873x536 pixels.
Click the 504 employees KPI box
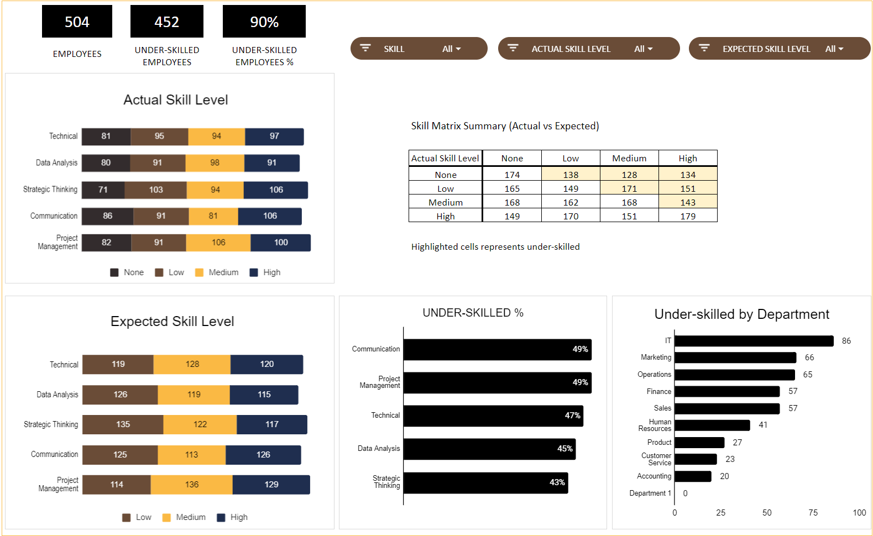click(x=77, y=22)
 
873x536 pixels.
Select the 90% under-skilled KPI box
click(x=264, y=22)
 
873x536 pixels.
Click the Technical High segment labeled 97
click(x=274, y=136)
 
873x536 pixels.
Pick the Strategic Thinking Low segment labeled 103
click(x=155, y=190)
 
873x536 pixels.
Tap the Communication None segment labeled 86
click(x=107, y=216)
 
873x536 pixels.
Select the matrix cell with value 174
click(x=512, y=175)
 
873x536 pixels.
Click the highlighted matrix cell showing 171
click(x=629, y=188)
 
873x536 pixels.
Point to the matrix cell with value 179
click(x=688, y=216)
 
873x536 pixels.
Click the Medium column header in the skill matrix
click(x=629, y=158)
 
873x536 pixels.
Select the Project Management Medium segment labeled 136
click(x=191, y=485)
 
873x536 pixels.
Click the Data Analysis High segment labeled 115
click(x=264, y=395)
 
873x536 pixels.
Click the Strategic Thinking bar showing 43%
click(x=485, y=482)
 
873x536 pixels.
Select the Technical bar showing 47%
click(x=493, y=416)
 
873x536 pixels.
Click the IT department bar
click(x=754, y=341)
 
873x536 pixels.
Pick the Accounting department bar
click(x=693, y=476)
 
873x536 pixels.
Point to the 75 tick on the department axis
click(x=813, y=513)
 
